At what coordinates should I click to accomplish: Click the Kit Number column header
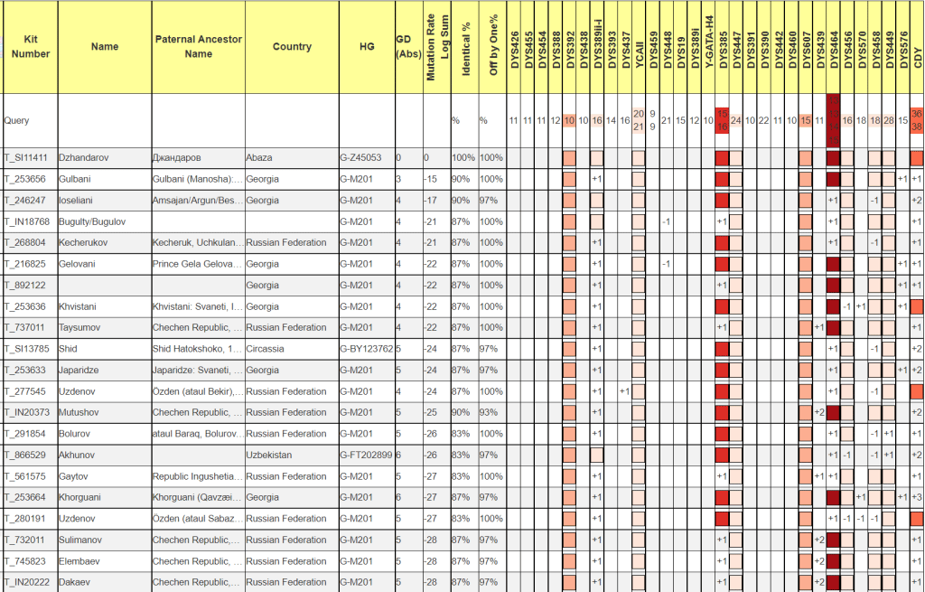click(31, 47)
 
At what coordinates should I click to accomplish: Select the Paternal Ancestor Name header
click(198, 47)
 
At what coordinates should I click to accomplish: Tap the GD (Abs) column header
click(408, 47)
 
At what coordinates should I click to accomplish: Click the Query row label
click(17, 120)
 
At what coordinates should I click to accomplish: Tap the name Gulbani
click(75, 179)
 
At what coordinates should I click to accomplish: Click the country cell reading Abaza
click(258, 158)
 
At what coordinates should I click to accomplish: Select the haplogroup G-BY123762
click(366, 349)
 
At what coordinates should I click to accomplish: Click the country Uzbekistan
click(268, 455)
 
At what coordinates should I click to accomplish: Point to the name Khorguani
click(81, 497)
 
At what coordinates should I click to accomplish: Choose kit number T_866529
click(26, 455)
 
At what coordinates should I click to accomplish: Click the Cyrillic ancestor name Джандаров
click(180, 158)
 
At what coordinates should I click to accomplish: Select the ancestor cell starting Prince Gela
click(195, 264)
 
